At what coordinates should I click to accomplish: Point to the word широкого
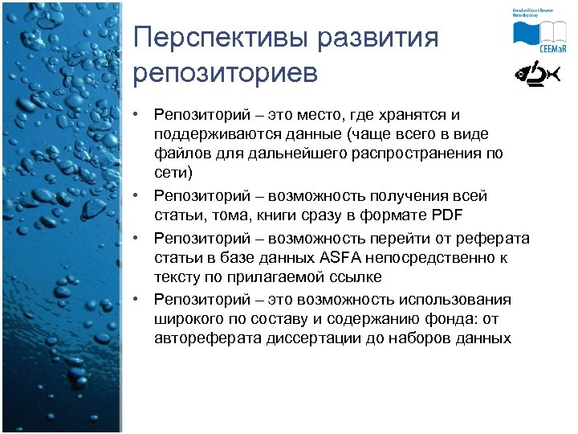pos(187,319)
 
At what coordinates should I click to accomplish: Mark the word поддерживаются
pos(211,134)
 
